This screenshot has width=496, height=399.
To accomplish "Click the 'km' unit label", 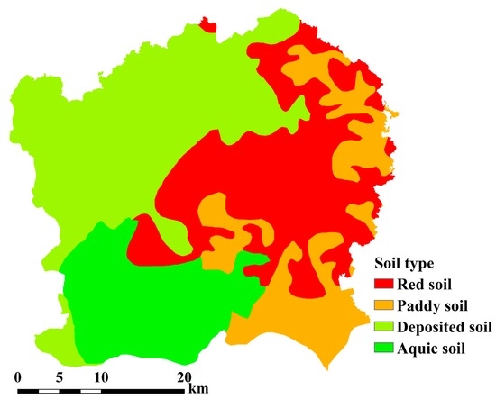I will coord(197,390).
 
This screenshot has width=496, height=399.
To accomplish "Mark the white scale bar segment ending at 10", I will coord(90,390).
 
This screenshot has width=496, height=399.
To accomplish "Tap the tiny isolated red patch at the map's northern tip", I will coord(207,23).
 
